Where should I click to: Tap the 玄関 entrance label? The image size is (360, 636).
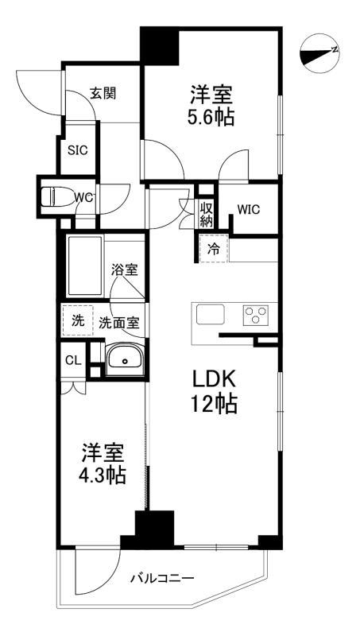(x=103, y=93)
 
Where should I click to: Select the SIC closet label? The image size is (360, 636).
(x=76, y=149)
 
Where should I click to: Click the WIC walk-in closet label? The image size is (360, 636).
(x=249, y=209)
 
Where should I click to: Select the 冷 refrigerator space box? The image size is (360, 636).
(x=213, y=249)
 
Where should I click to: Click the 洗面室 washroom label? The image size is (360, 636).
(x=120, y=323)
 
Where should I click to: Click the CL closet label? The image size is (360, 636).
(x=72, y=360)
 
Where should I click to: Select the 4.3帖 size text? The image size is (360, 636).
(x=103, y=476)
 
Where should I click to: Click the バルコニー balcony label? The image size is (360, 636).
(x=162, y=578)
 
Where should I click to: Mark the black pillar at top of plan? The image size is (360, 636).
(x=159, y=47)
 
